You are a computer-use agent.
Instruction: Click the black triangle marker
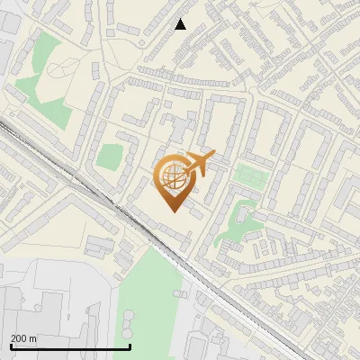tap(181, 24)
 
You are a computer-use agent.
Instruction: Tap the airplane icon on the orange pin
tap(202, 163)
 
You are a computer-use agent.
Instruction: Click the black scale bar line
tap(70, 346)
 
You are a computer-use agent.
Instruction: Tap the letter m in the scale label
tap(33, 338)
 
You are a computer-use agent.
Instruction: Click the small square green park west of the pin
tap(110, 157)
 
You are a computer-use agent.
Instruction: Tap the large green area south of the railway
tap(148, 297)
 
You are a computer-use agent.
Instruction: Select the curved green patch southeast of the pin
tap(236, 220)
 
